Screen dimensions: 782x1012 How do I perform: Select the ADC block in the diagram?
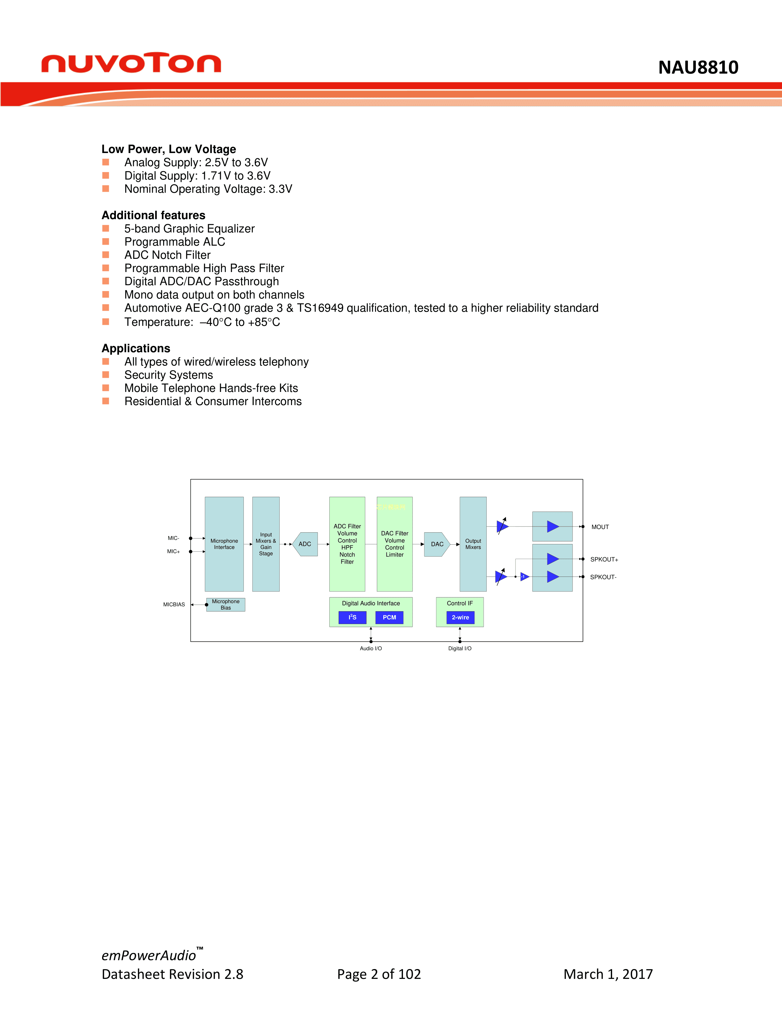tap(305, 544)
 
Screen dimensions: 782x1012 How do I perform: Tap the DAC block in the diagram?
tap(437, 544)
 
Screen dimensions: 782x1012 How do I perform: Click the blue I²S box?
tap(353, 617)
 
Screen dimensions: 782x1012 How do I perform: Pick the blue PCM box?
tap(389, 617)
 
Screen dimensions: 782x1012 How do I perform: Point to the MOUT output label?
tap(600, 527)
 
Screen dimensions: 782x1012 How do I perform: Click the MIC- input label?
tap(173, 538)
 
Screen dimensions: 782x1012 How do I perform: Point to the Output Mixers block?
tap(473, 544)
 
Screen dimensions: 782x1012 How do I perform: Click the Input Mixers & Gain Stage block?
tap(266, 544)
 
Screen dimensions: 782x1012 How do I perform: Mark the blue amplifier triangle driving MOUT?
tap(553, 526)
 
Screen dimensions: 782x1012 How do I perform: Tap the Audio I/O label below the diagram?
tap(371, 648)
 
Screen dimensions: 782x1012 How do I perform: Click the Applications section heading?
tap(136, 348)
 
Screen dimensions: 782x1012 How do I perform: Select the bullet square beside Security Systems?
tap(105, 374)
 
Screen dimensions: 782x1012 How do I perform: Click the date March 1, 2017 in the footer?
tap(608, 974)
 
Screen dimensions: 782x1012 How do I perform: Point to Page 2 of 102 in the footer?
tap(379, 974)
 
